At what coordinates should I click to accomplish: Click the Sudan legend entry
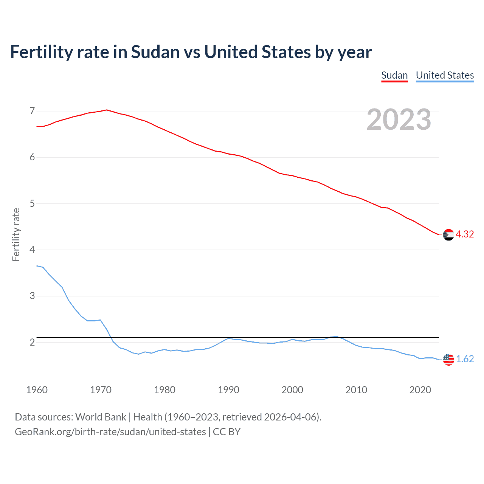coord(394,75)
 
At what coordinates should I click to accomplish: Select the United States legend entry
coord(445,75)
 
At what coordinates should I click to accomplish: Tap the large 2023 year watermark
coord(399,119)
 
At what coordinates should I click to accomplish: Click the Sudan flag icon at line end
coord(448,235)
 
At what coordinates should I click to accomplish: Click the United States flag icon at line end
coord(448,359)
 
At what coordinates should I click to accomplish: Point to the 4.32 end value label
coord(465,234)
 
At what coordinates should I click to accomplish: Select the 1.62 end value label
coord(465,359)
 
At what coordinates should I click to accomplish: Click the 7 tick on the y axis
coord(32,111)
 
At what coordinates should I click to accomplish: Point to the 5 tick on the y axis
coord(32,204)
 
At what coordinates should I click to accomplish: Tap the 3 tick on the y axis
coord(32,296)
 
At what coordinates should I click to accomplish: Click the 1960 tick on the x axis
coord(37,390)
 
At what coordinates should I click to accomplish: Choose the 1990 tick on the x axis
coord(228,390)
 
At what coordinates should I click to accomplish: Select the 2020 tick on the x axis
coord(420,390)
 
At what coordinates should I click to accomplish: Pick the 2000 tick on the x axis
coord(292,390)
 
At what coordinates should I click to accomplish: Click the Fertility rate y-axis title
coord(16,234)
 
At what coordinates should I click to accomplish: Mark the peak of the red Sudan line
coord(107,110)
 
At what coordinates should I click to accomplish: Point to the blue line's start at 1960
coord(37,266)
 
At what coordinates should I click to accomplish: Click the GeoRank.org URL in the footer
coord(110,432)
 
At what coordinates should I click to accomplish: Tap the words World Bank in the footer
coord(101,417)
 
